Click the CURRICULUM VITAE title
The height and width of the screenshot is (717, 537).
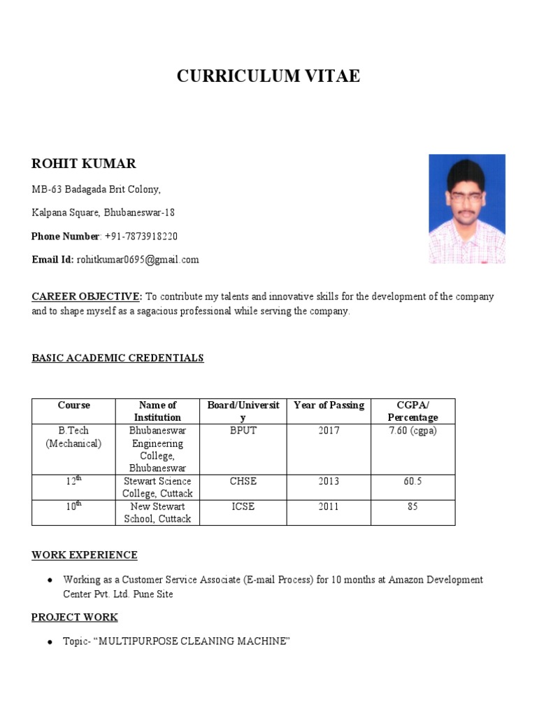[268, 76]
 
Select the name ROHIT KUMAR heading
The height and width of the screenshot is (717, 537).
[84, 164]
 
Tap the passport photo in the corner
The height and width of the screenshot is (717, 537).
[466, 209]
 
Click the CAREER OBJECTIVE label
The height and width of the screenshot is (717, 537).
[87, 297]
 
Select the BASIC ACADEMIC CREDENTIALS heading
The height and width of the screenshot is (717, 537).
[117, 358]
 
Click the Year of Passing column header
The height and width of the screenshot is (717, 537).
[328, 405]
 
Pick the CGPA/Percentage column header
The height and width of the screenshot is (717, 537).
[413, 411]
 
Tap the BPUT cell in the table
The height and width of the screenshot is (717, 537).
[243, 431]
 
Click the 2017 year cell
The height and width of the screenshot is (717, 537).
[328, 431]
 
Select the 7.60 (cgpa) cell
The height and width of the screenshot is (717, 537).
[413, 431]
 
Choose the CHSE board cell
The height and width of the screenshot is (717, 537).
[243, 481]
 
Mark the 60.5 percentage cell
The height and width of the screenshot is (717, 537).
[413, 481]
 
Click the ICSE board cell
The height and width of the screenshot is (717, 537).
[243, 506]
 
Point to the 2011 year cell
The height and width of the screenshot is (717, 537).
[328, 506]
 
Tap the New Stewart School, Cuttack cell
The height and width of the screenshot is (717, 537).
[157, 513]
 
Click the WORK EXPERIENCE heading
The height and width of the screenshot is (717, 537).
[85, 555]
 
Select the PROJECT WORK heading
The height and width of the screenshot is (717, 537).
[75, 617]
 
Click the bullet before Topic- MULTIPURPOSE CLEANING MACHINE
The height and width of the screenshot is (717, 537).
[50, 642]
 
